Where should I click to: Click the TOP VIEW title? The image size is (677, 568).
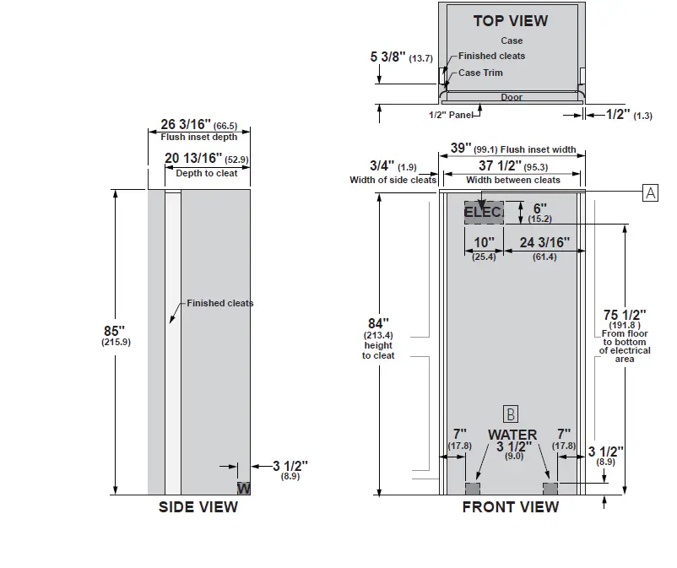tap(510, 21)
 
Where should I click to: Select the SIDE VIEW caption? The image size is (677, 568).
tap(198, 507)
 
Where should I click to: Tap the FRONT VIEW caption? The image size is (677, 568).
tap(510, 507)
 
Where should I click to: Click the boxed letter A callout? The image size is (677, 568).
tap(650, 192)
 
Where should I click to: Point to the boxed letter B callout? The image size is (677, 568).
tap(510, 414)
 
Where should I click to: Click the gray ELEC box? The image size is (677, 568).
tap(483, 212)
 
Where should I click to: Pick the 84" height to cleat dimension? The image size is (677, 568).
tap(380, 323)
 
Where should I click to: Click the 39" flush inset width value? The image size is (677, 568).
tap(461, 148)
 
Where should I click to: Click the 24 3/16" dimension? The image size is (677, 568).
tap(544, 243)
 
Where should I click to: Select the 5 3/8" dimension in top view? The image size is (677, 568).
tap(387, 57)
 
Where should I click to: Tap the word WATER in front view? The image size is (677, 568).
tap(512, 435)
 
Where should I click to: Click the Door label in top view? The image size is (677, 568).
tap(512, 97)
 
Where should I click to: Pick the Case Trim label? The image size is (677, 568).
tap(480, 73)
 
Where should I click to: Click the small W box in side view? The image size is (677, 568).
tap(243, 488)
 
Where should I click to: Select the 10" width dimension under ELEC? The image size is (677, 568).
tap(484, 243)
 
